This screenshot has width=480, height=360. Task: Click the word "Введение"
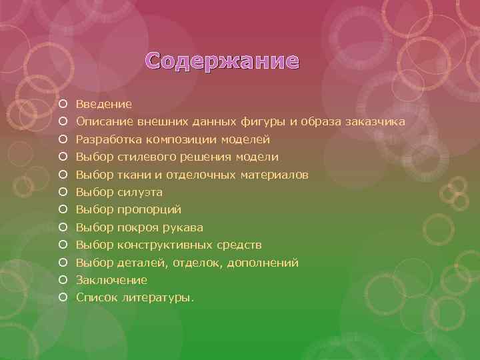(x=103, y=104)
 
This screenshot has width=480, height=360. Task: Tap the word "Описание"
(x=104, y=122)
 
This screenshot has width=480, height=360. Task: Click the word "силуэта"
(x=140, y=193)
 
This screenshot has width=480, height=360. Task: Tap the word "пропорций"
(x=149, y=210)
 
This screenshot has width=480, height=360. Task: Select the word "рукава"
(x=185, y=227)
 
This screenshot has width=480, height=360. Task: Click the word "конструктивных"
(x=163, y=245)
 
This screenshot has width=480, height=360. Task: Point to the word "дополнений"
(x=263, y=263)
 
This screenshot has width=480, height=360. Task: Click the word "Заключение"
(x=111, y=280)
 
